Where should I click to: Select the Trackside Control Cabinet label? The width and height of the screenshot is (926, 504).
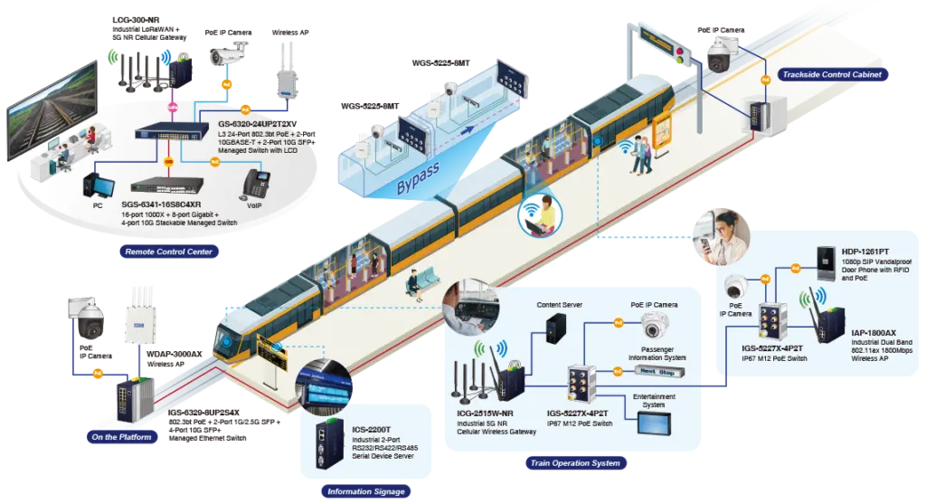(832, 74)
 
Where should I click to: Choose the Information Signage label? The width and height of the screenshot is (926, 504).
(366, 491)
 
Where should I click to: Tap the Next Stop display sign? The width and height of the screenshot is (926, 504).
(657, 372)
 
